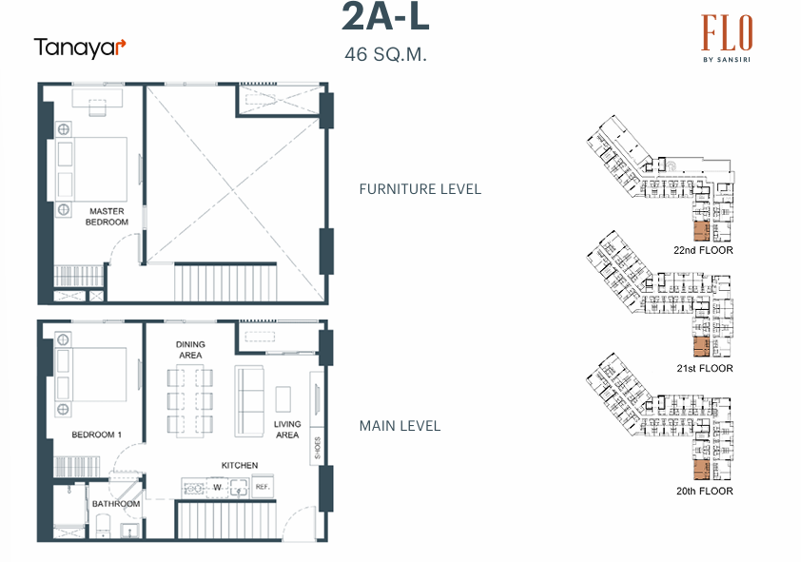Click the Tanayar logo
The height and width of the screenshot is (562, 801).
point(80,48)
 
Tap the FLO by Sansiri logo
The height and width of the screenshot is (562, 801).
point(727,40)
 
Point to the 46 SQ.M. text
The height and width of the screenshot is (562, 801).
point(385,54)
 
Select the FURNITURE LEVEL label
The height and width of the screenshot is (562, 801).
point(420,189)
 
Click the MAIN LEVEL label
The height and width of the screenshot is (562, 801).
point(400,426)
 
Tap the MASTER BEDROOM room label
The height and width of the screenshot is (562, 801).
point(107,217)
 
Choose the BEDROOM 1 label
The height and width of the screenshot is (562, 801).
point(96,436)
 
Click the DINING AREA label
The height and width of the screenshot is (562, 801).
point(190,350)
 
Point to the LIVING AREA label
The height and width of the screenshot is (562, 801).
point(287,430)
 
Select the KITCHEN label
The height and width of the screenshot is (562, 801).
point(240,465)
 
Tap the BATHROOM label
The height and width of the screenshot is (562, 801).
point(116,504)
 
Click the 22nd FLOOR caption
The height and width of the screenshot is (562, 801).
point(702,250)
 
